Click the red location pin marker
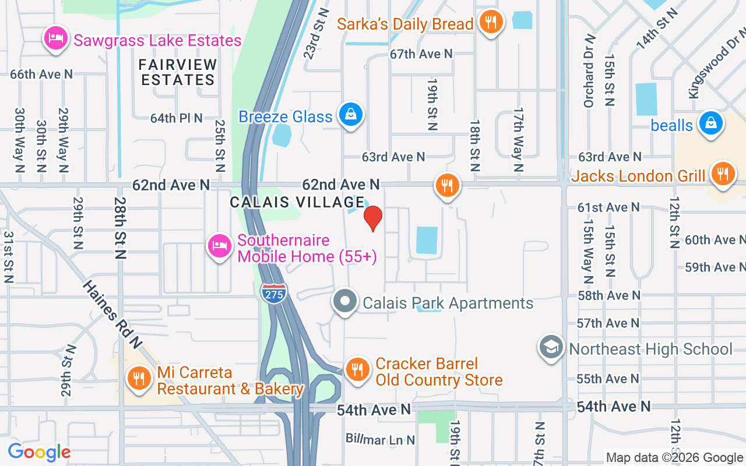click(x=373, y=218)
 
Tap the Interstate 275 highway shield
click(x=274, y=292)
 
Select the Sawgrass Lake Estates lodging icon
click(x=55, y=38)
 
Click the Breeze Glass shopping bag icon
click(x=351, y=114)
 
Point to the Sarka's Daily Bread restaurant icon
click(x=491, y=22)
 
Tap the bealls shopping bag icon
click(x=711, y=123)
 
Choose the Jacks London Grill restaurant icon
click(x=723, y=174)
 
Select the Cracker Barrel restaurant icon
click(x=357, y=369)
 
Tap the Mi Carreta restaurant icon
click(x=139, y=377)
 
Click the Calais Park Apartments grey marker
click(x=345, y=302)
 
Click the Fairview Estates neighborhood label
click(x=178, y=72)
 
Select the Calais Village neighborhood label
click(x=297, y=202)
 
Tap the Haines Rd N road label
click(x=112, y=315)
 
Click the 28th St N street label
click(x=121, y=228)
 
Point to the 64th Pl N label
click(x=177, y=118)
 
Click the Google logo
click(x=38, y=452)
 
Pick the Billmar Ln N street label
click(x=381, y=439)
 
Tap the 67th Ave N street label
click(x=421, y=54)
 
